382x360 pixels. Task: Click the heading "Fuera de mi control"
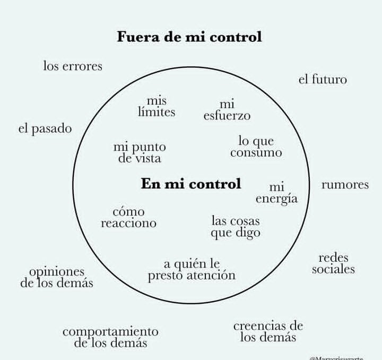click(189, 37)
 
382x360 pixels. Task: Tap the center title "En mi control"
click(191, 184)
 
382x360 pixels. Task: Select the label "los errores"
click(73, 66)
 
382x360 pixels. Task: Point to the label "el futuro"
click(323, 80)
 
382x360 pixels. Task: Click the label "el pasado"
click(45, 129)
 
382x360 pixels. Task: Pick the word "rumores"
click(345, 185)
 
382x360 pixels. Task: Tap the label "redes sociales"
click(333, 263)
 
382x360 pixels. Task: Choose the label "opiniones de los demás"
click(57, 277)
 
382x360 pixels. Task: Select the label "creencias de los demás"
click(268, 331)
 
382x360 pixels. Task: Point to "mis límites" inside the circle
click(157, 106)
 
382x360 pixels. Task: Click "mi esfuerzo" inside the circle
click(227, 110)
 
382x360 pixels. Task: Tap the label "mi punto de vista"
click(140, 152)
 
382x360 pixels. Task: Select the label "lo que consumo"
click(256, 147)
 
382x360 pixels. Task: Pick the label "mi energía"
click(276, 193)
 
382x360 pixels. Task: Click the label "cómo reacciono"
click(128, 218)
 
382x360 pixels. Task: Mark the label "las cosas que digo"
click(236, 227)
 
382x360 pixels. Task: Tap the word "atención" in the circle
click(211, 276)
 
